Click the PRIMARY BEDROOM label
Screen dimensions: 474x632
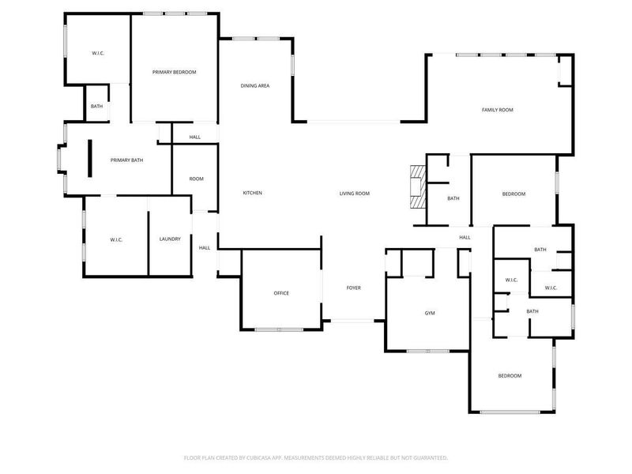point(174,72)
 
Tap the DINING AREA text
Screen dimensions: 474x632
point(255,85)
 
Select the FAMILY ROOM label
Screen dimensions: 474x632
point(498,110)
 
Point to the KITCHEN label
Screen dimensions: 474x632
point(252,194)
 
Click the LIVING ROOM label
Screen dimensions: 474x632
point(355,194)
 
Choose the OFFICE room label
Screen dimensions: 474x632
point(281,293)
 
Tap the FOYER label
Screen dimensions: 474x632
point(353,288)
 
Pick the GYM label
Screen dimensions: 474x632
point(430,314)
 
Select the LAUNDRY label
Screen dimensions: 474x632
point(170,239)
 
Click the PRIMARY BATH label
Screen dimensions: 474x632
point(126,160)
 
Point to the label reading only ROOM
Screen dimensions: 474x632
point(196,179)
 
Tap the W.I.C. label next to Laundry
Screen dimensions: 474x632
point(116,239)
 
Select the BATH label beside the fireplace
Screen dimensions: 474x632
point(453,198)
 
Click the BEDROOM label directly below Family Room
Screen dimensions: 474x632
point(513,194)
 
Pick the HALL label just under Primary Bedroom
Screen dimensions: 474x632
point(194,137)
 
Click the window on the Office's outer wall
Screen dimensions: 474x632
point(278,329)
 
